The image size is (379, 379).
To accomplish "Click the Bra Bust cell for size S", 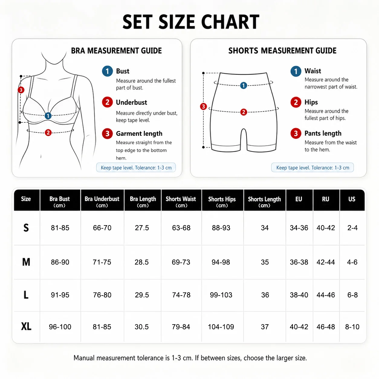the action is coord(60,228).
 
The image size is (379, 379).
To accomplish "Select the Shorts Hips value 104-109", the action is coord(221,327).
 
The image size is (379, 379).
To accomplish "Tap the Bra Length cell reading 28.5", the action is coord(142,262).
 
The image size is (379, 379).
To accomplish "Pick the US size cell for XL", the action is coord(352,327).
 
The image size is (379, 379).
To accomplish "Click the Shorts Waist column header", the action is coord(181,202).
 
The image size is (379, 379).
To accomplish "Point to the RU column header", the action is coord(326,199).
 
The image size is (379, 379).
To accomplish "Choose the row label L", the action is coord(26,295).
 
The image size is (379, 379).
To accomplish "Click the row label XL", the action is coord(26,327).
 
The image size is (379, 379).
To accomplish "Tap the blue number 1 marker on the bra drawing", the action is coord(48,116).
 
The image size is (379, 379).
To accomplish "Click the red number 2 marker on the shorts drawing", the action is coord(244,112).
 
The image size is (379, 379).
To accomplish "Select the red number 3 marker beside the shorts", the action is coord(203,107).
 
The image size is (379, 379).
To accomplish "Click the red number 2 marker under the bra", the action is coord(48,133).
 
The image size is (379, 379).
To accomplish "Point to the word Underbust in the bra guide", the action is coord(131,102).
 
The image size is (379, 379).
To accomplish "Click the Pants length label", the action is coord(323,133).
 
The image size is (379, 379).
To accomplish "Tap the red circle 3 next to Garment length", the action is coord(107,134).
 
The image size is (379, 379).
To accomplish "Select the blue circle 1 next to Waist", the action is coord(296,71).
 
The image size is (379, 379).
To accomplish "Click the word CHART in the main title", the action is coord(230,22).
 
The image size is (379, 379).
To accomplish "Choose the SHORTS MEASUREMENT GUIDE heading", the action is coord(282,51).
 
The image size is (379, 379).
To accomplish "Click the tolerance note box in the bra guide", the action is coord(136,167).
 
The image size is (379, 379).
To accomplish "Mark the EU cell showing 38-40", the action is coord(299,295).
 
